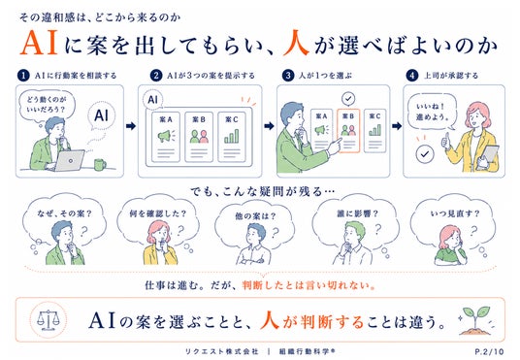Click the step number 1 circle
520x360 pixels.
(x=23, y=76)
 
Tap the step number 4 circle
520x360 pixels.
(x=412, y=76)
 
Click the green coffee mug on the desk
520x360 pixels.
(x=100, y=165)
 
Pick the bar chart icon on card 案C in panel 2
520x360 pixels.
(x=232, y=136)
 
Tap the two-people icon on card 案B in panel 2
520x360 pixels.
(x=199, y=136)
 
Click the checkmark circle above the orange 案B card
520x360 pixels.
(x=348, y=99)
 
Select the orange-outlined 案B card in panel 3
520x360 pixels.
(x=348, y=131)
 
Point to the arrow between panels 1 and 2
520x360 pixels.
(x=131, y=126)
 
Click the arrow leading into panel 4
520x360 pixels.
(x=397, y=126)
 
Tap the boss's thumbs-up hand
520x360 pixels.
(x=445, y=142)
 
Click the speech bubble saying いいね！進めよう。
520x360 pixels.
(x=432, y=113)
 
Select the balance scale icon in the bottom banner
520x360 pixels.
(x=49, y=319)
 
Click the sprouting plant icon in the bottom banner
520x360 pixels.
(x=475, y=320)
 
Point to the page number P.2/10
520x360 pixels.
(x=489, y=351)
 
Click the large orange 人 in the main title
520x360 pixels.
(x=296, y=43)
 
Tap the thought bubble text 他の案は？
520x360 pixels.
(x=255, y=216)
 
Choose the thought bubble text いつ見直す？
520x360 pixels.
(x=455, y=213)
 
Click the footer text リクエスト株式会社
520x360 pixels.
(x=221, y=351)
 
